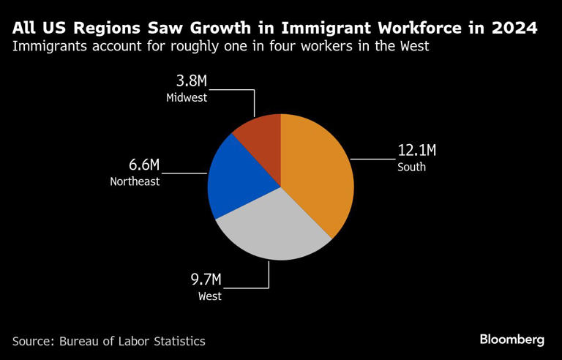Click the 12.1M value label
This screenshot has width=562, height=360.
(x=416, y=151)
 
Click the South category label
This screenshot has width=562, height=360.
(x=411, y=168)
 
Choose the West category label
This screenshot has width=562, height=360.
(x=209, y=296)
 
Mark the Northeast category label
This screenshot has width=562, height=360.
(x=135, y=181)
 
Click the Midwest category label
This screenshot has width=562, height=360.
(x=186, y=97)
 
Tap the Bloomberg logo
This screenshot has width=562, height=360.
(x=512, y=340)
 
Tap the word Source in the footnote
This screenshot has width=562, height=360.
(x=32, y=341)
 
